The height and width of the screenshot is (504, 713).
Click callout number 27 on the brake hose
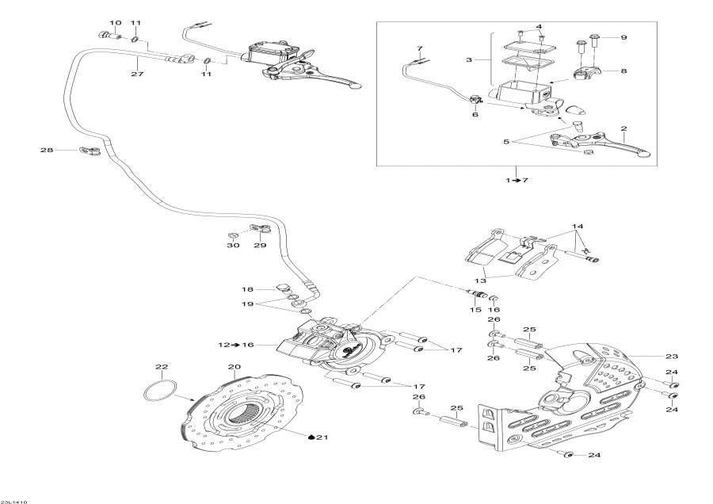pos(138,74)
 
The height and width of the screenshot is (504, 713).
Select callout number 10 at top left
pos(116,22)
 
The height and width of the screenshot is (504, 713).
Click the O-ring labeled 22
pos(158,391)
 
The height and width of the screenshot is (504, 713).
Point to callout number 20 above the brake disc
pos(233,367)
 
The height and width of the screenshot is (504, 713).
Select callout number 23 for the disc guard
pos(673,356)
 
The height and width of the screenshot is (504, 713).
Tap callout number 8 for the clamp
pos(623,71)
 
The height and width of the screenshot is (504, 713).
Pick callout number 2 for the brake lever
pos(623,128)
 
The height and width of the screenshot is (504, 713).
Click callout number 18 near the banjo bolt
pos(247,289)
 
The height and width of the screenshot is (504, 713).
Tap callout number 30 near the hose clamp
pos(233,246)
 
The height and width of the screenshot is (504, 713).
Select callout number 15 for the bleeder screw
pos(476,310)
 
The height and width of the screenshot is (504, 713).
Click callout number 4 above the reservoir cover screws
pos(538,27)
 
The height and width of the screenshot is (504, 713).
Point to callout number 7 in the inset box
pos(419,49)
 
